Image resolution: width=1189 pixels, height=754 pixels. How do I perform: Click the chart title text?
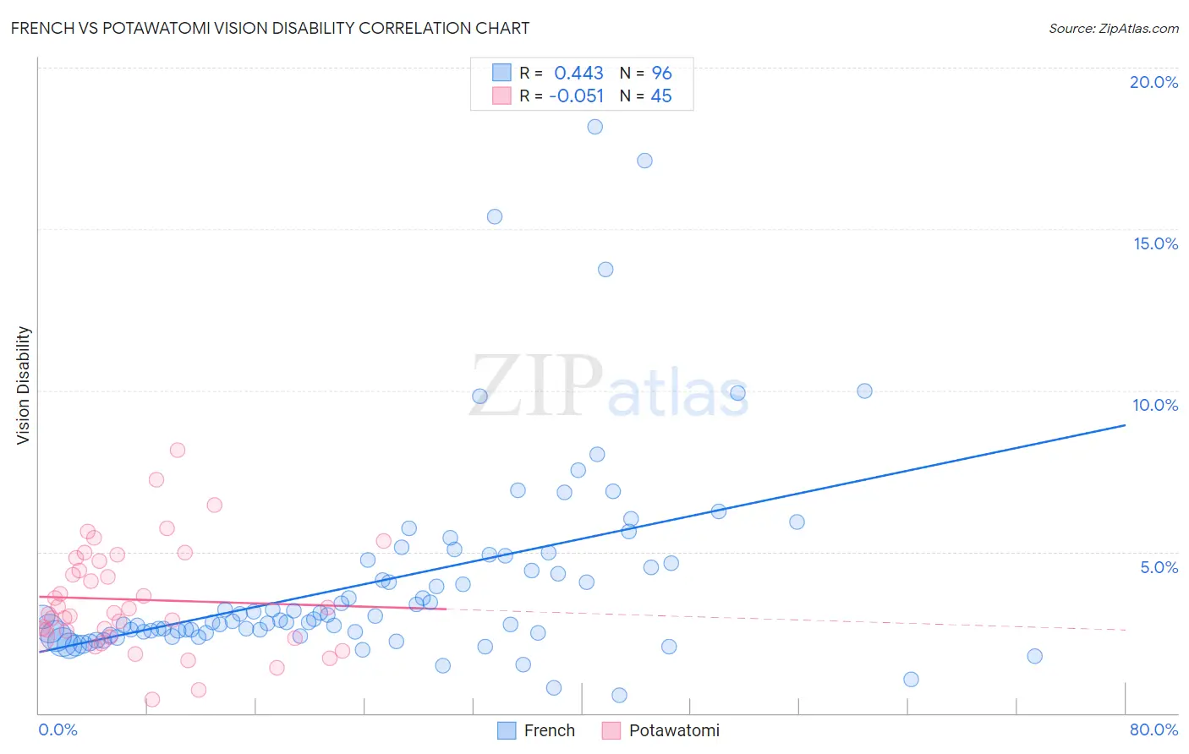tap(270, 28)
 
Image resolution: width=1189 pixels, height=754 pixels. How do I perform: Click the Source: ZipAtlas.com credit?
tap(1113, 28)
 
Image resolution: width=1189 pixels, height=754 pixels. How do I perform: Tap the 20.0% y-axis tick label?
tap(1153, 82)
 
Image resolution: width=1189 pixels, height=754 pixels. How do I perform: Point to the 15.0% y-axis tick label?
tap(1155, 243)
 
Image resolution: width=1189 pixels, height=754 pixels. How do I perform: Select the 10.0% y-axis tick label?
tap(1155, 405)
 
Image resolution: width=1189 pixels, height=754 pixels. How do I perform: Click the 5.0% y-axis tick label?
tap(1159, 567)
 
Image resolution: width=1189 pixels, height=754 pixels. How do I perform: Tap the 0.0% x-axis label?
tap(58, 729)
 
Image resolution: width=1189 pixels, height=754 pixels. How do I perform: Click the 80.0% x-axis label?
tap(1153, 729)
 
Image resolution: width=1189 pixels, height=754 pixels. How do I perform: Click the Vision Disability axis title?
tap(24, 385)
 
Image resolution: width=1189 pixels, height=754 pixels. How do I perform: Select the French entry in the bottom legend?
tap(536, 730)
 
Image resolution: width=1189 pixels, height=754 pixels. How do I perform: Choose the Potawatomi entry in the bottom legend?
tap(661, 730)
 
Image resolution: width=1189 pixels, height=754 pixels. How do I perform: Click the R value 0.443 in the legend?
tap(578, 74)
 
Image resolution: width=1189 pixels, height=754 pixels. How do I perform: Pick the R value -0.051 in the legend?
tap(576, 96)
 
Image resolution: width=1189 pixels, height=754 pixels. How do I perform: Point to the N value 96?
tap(661, 74)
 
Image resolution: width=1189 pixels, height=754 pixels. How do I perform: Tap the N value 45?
tap(661, 96)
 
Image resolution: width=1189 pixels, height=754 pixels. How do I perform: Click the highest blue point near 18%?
tap(595, 127)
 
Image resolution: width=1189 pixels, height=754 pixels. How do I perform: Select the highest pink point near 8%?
tap(178, 450)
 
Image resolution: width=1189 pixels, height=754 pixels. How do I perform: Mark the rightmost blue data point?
tap(1034, 656)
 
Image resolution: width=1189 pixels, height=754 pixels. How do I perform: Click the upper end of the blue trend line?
tap(1125, 425)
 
